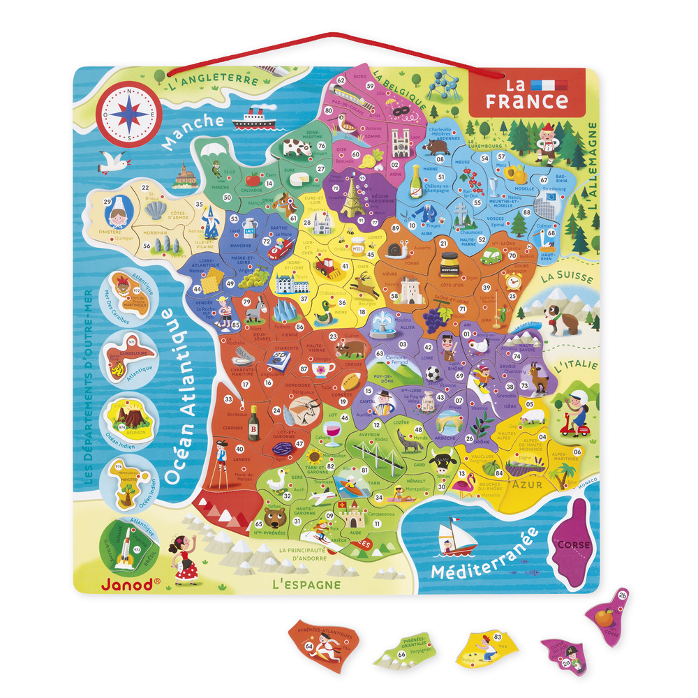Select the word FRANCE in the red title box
(527, 101)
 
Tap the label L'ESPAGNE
(309, 584)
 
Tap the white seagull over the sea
(114, 163)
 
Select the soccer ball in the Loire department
(433, 374)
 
